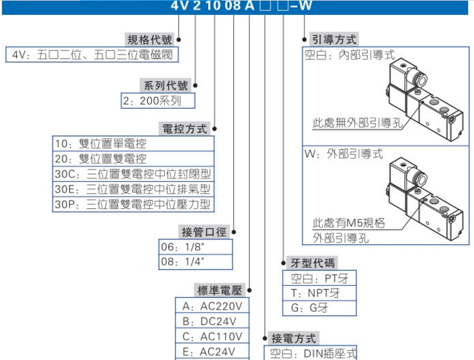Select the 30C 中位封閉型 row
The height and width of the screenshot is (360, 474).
(x=133, y=174)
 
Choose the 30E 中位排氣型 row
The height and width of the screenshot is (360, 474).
(x=133, y=189)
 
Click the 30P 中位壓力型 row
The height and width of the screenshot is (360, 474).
(x=133, y=205)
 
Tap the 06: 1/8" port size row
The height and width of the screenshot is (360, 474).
(x=195, y=246)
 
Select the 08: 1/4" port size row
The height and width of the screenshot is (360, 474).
(x=195, y=262)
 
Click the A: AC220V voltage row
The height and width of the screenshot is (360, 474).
(x=212, y=306)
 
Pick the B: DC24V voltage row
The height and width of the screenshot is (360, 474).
(x=212, y=321)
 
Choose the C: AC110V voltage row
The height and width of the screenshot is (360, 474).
(x=212, y=337)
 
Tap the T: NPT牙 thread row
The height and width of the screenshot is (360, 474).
(x=319, y=293)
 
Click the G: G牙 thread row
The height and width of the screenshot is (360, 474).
(x=319, y=308)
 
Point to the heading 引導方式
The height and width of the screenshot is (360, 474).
(x=333, y=39)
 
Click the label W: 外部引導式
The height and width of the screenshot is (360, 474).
(x=343, y=154)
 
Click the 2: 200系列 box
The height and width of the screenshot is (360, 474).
(x=157, y=101)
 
